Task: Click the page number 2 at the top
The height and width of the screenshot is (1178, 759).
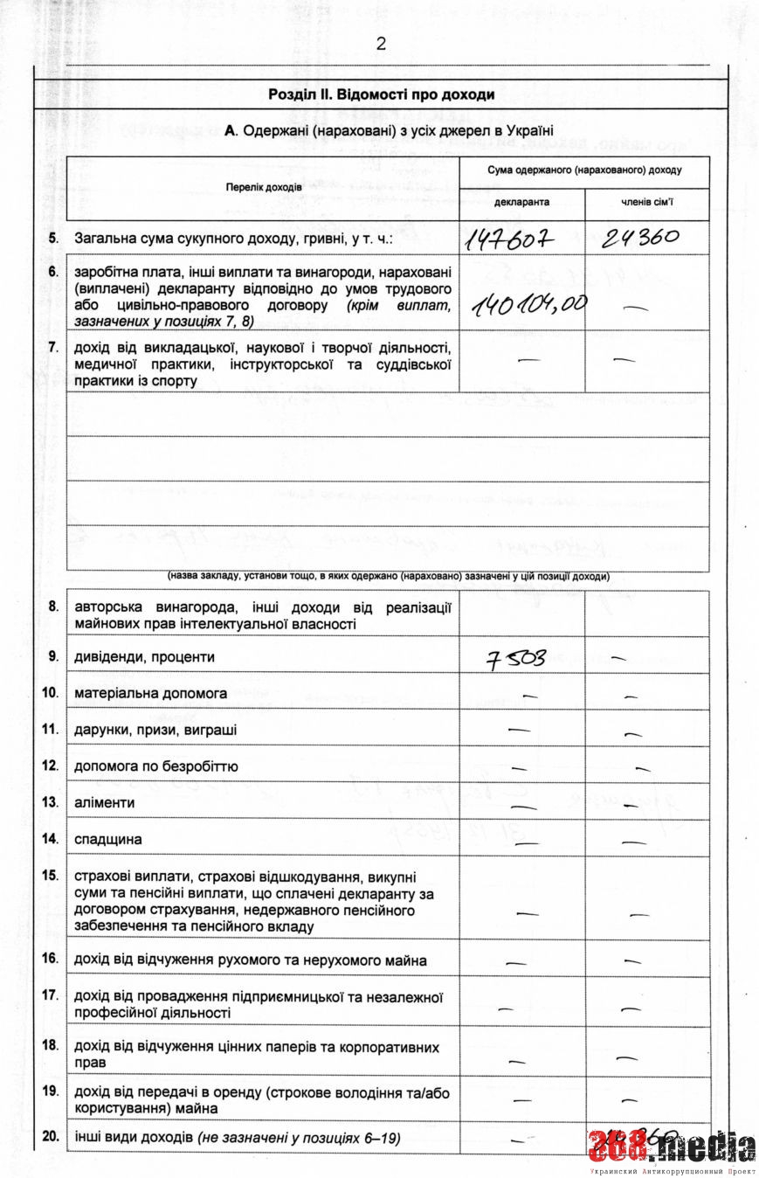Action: click(380, 44)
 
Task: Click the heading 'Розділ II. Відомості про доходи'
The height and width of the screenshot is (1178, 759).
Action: click(381, 94)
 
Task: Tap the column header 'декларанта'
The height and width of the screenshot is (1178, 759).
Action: click(521, 202)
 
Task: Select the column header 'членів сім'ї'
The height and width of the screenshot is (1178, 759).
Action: click(647, 202)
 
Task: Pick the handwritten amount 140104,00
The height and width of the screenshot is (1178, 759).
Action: click(528, 305)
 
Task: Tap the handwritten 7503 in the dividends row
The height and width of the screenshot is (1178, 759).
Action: click(516, 656)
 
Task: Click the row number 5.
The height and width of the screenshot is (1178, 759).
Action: click(53, 238)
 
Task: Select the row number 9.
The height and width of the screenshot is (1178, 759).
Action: click(53, 655)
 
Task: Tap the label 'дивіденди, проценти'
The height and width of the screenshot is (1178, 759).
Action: click(145, 656)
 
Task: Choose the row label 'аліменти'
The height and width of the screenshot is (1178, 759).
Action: click(105, 802)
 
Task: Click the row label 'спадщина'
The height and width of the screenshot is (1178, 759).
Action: click(108, 839)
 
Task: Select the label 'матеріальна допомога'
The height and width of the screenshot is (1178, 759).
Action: click(151, 693)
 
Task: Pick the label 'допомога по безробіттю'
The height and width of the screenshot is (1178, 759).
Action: click(156, 766)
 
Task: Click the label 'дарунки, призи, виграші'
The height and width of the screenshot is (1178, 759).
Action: click(155, 730)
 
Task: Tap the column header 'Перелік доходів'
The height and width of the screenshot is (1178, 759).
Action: click(263, 188)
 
